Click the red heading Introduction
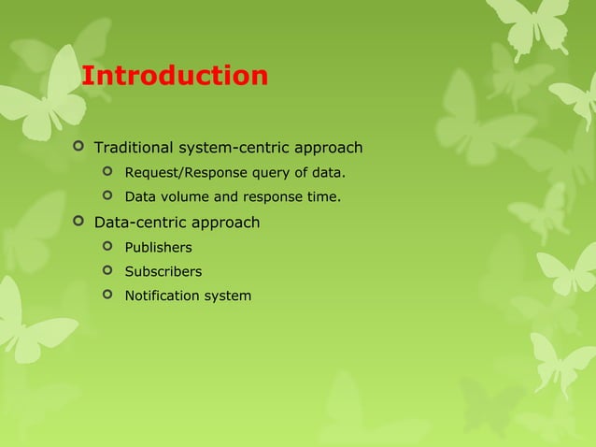[x=175, y=75]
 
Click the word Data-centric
[x=141, y=223]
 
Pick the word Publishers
[x=159, y=247]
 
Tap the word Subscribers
[x=163, y=271]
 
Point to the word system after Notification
[x=230, y=296]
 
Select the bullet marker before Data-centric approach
[x=78, y=222]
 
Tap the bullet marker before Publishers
[x=107, y=246]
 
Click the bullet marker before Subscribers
[x=107, y=270]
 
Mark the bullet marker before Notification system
[x=107, y=295]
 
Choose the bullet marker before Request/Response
[x=107, y=172]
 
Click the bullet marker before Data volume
[x=107, y=196]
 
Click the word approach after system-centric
[x=328, y=148]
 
